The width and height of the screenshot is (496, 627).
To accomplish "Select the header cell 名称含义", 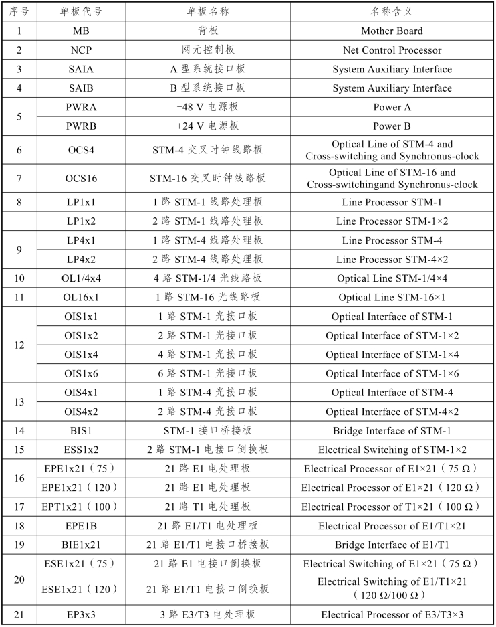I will (x=392, y=12).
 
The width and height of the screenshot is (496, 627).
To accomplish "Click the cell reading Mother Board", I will (x=392, y=31).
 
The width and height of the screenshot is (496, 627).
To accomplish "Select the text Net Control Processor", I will (x=392, y=50).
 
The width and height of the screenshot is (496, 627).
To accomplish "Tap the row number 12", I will (x=19, y=345).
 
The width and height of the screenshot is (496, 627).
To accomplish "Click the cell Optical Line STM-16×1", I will (x=392, y=297).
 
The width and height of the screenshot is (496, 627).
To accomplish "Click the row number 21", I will (x=19, y=614).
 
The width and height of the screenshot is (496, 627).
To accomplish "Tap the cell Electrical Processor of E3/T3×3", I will (x=392, y=614).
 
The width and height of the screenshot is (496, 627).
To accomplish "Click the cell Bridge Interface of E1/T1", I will (x=392, y=545).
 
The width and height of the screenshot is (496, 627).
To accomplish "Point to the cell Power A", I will (x=392, y=107).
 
